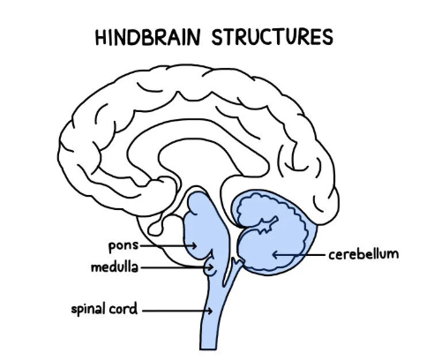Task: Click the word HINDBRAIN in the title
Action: [x=147, y=37]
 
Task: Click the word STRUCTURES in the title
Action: [x=273, y=37]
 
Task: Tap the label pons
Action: [x=123, y=246]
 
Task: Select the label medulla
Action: [x=115, y=267]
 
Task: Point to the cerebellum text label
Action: [x=363, y=254]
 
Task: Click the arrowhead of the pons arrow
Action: [x=194, y=245]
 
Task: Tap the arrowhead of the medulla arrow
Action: [x=211, y=267]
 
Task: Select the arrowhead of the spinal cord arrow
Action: [x=209, y=311]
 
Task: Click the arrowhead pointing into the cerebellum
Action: [x=275, y=255]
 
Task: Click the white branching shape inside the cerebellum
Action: [x=268, y=225]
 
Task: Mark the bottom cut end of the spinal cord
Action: [x=208, y=349]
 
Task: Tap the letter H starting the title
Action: [x=101, y=37]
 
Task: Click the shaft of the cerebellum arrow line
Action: [x=302, y=255]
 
